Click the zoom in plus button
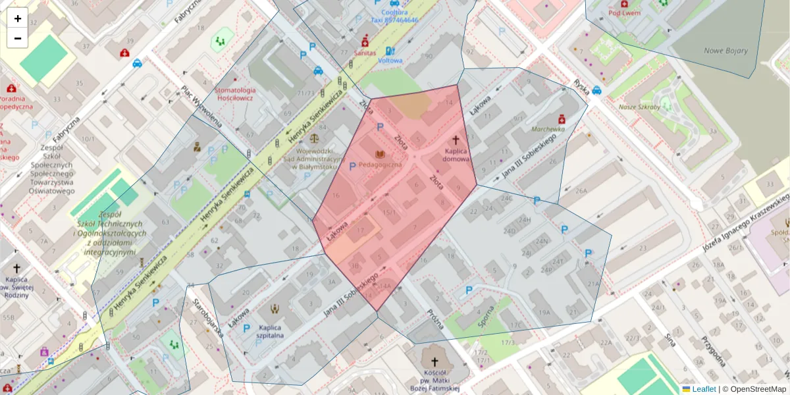[x=17, y=18]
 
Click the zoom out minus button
[x=17, y=38]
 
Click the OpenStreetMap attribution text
[x=758, y=389]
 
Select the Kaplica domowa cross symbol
[x=455, y=140]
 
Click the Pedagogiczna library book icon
[x=379, y=154]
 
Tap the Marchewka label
[x=548, y=130]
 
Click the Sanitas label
[x=365, y=52]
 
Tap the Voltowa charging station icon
[x=390, y=51]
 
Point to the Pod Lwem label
[x=624, y=13]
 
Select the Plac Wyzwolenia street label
[x=198, y=105]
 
